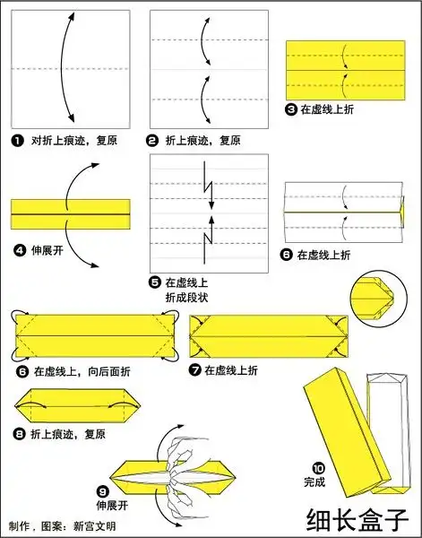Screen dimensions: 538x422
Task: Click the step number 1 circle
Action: tap(17, 141)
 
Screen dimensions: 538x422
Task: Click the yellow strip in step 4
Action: tap(71, 213)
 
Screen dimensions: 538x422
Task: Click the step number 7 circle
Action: tap(195, 370)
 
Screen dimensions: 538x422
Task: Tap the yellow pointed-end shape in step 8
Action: tap(73, 408)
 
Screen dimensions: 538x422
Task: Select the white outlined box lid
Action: tap(390, 430)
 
